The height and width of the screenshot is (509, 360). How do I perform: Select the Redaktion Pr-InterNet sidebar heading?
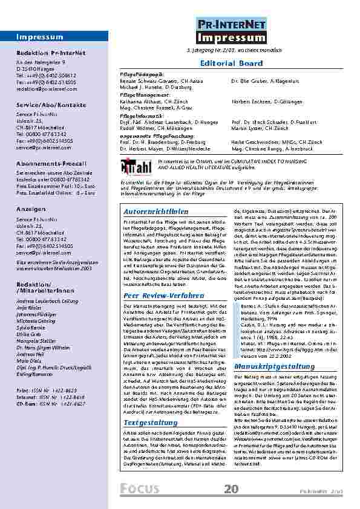(x=46, y=53)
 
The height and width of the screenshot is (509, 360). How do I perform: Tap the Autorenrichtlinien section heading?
(x=155, y=212)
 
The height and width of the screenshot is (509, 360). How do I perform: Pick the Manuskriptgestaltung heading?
(x=268, y=349)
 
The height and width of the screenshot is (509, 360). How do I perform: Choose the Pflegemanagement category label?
(x=145, y=95)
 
